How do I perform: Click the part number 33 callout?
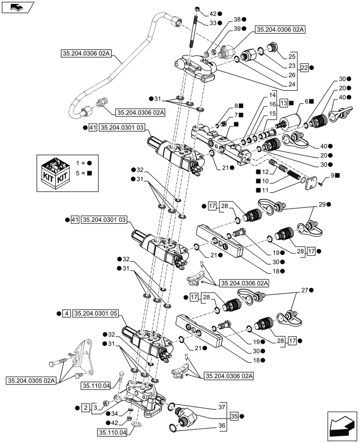coord(213,23)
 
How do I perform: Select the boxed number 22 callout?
coord(304,67)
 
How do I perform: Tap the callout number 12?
coord(265,171)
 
